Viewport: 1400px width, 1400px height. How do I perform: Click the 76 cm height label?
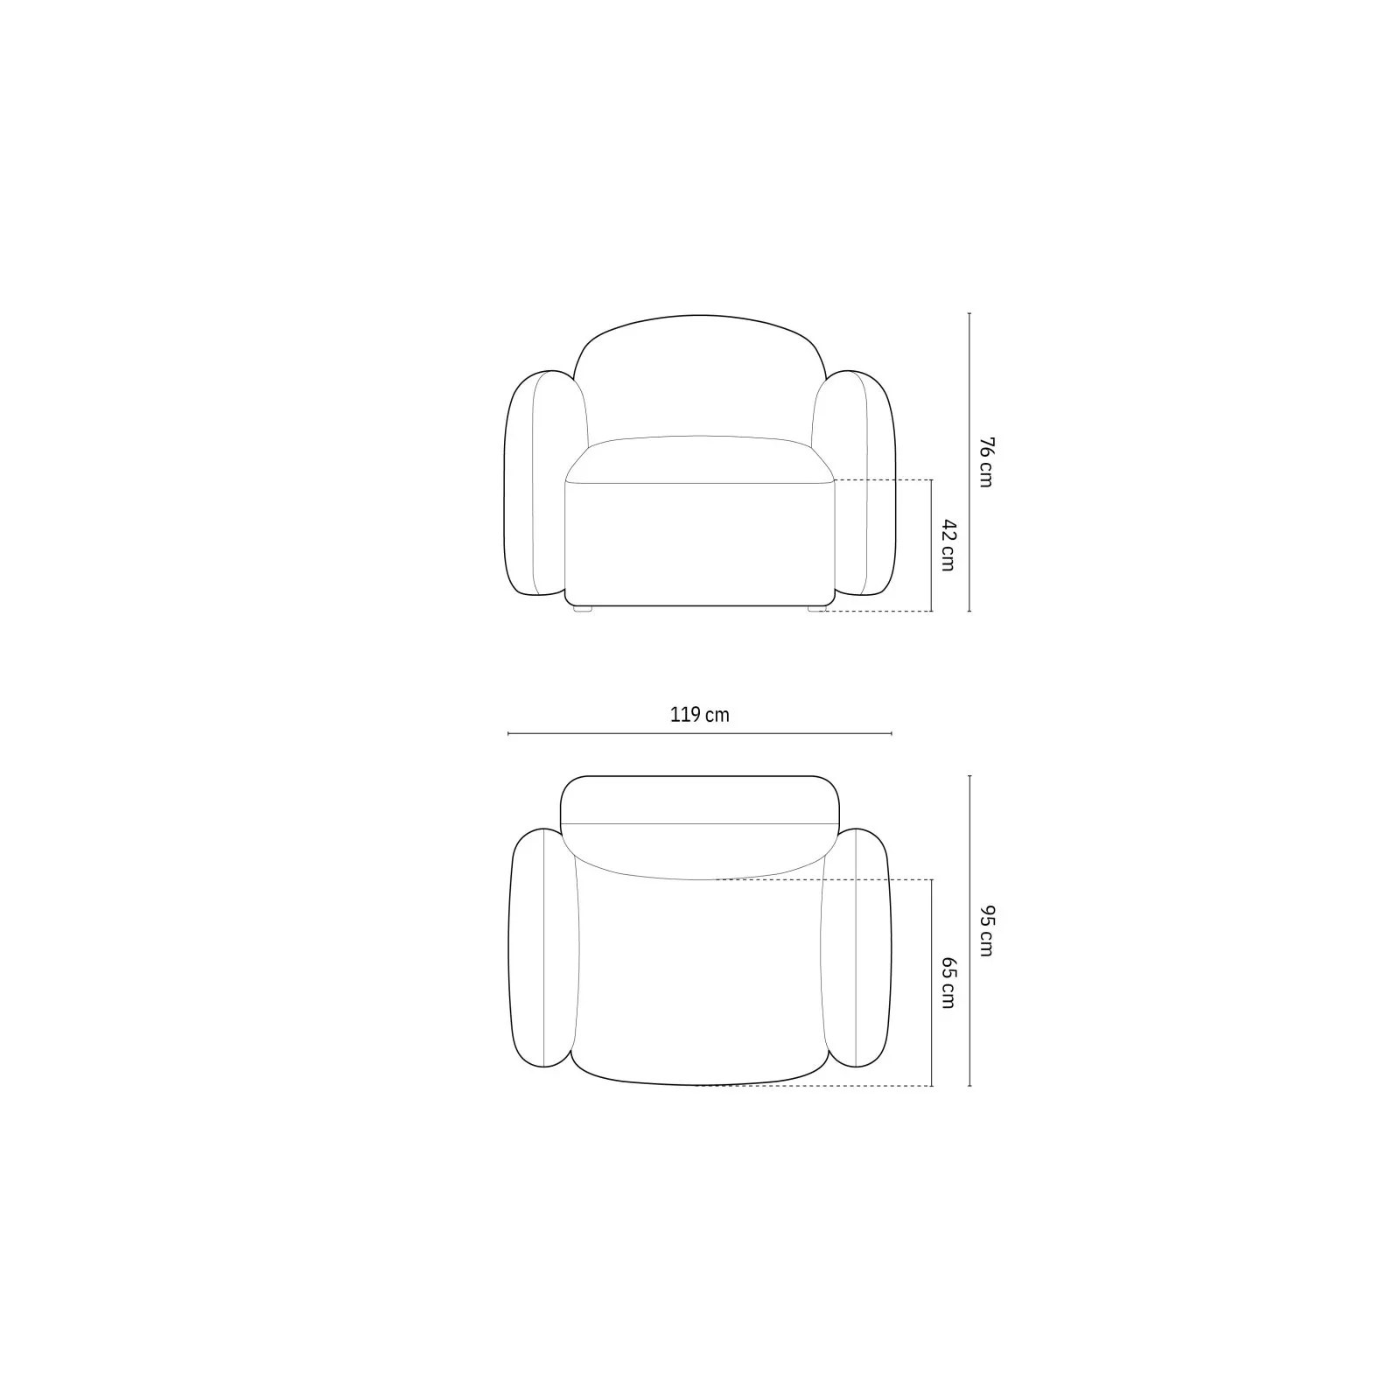point(985,462)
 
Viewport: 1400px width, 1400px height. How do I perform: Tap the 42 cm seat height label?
point(948,545)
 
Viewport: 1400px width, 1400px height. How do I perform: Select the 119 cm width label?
point(700,715)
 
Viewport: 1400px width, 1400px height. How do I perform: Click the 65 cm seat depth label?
point(948,983)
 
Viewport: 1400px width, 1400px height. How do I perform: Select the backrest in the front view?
point(700,376)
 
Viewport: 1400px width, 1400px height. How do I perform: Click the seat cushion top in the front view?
point(700,458)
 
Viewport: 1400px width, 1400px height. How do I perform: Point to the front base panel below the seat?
point(700,542)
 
